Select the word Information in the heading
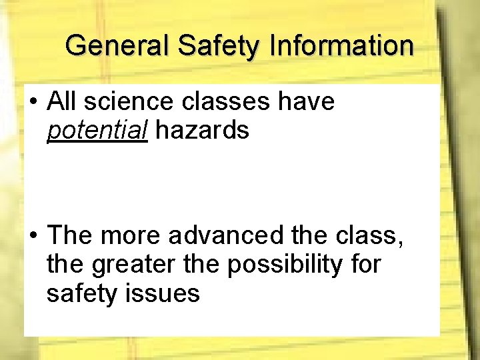pyautogui.click(x=342, y=46)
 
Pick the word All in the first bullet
pyautogui.click(x=63, y=102)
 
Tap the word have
pyautogui.click(x=306, y=102)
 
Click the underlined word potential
pyautogui.click(x=97, y=131)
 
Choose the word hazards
pyautogui.click(x=203, y=131)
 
